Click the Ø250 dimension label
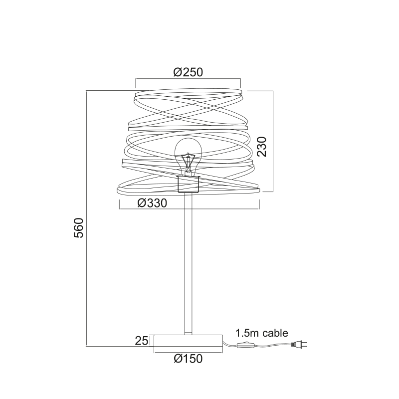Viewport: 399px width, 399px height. point(188,72)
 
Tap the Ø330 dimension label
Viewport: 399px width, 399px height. point(152,203)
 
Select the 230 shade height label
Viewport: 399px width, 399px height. point(261,147)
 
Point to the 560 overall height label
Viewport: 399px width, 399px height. point(79,228)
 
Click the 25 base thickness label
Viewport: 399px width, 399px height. point(142,341)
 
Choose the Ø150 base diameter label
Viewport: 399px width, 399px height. point(189,359)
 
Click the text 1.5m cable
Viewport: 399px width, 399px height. point(261,333)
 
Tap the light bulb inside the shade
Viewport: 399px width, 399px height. point(188,157)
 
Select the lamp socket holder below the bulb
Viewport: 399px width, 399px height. point(188,184)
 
